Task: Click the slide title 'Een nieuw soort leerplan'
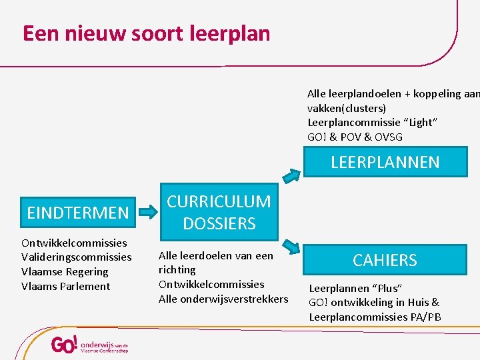pyautogui.click(x=147, y=33)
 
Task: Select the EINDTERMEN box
pyautogui.click(x=77, y=213)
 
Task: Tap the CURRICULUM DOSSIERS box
pyautogui.click(x=219, y=213)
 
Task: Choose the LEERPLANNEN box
pyautogui.click(x=385, y=162)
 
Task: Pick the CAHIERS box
pyautogui.click(x=385, y=260)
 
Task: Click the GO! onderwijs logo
pyautogui.click(x=89, y=345)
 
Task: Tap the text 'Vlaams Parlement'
pyautogui.click(x=65, y=287)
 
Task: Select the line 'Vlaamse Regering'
pyautogui.click(x=65, y=272)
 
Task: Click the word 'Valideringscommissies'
pyautogui.click(x=77, y=257)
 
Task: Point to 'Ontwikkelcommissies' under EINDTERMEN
pyautogui.click(x=74, y=243)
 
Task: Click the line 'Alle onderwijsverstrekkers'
pyautogui.click(x=223, y=299)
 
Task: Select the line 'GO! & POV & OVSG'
pyautogui.click(x=355, y=137)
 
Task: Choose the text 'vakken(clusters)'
pyautogui.click(x=347, y=108)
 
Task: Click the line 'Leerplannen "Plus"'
pyautogui.click(x=355, y=288)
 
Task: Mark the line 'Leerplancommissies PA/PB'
pyautogui.click(x=375, y=317)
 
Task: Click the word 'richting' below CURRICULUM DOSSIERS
pyautogui.click(x=177, y=269)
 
